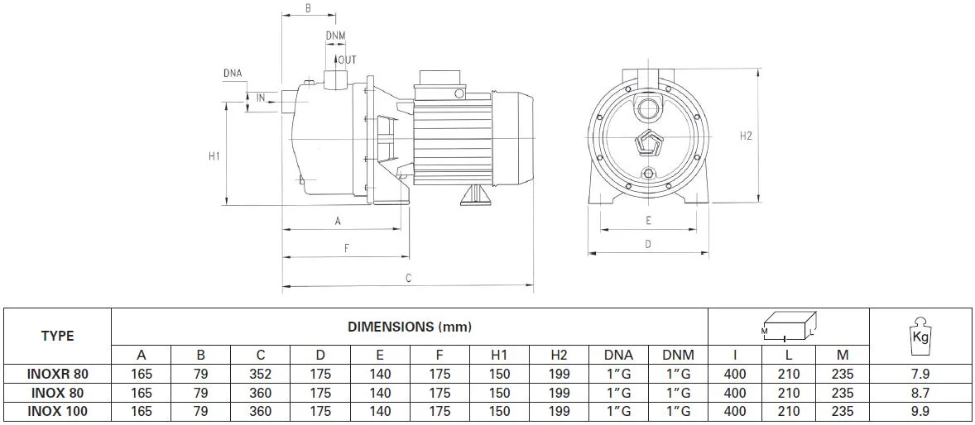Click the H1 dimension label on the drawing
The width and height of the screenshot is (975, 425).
pos(214,156)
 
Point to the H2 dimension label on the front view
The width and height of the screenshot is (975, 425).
pos(747,136)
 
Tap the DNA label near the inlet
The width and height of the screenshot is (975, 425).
pos(233,74)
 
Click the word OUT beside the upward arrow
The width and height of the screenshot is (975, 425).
pos(347,60)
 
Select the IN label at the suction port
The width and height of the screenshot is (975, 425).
pos(262,98)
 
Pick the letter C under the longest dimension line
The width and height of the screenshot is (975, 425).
pos(409,279)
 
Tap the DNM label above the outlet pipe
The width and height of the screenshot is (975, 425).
pos(336,36)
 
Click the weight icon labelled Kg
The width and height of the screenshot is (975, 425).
pos(921,337)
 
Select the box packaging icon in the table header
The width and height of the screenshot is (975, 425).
pos(789,327)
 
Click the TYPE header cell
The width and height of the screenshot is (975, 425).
pos(57,337)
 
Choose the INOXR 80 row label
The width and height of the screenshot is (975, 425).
pos(58,375)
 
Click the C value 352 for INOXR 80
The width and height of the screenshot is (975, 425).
pos(261,375)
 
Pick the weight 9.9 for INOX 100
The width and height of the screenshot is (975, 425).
pos(921,411)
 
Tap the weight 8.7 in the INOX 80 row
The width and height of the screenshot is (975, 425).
pos(921,394)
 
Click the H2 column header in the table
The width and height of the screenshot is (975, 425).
pos(559,356)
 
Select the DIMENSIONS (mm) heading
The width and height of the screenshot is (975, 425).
pos(409,327)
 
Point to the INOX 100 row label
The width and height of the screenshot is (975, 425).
pos(58,411)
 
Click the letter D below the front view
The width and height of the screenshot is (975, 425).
pos(648,245)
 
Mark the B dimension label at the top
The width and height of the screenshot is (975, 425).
pos(308,8)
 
